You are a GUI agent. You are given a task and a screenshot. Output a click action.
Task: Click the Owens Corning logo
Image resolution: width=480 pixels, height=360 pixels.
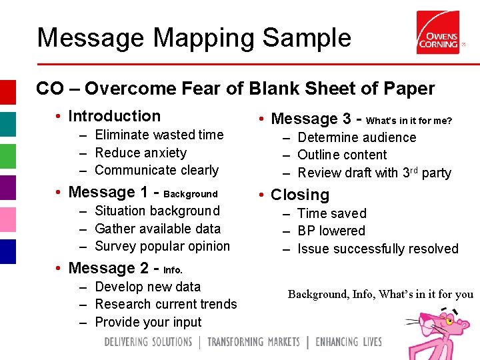click(x=437, y=33)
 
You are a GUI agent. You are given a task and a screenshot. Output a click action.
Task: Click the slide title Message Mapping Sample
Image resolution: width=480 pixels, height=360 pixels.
click(x=194, y=37)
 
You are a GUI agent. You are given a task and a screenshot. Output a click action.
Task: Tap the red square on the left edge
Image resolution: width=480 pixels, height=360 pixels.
click(x=7, y=93)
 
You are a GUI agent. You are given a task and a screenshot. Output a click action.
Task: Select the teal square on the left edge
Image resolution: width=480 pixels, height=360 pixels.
click(x=7, y=125)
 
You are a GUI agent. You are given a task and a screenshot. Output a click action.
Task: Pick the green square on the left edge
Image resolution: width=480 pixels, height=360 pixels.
click(x=7, y=156)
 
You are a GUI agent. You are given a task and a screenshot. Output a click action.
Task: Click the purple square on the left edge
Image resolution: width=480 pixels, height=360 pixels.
click(x=7, y=188)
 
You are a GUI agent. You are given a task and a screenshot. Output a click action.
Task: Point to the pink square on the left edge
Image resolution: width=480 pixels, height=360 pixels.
click(x=7, y=220)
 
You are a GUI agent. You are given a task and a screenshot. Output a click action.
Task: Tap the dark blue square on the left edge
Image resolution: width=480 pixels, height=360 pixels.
click(x=7, y=251)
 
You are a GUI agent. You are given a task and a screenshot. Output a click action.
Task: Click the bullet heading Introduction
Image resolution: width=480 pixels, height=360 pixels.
click(x=114, y=116)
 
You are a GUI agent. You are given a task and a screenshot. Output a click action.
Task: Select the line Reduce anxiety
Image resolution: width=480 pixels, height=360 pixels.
click(x=141, y=153)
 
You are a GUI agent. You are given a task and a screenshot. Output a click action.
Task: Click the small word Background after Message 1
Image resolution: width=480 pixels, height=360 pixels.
click(x=191, y=194)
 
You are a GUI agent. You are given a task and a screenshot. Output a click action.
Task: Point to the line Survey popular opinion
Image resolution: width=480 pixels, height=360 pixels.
click(x=162, y=246)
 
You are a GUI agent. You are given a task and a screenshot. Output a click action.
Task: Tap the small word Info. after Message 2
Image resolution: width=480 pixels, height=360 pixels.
click(x=173, y=271)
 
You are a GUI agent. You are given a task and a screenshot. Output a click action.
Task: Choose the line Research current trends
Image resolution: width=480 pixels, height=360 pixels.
click(x=166, y=304)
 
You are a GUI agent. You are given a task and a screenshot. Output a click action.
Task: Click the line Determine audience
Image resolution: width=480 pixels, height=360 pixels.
click(x=357, y=137)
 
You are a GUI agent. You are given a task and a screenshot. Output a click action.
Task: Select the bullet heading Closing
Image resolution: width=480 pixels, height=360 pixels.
click(x=300, y=195)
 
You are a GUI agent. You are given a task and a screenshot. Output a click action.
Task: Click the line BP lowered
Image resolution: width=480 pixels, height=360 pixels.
click(x=331, y=231)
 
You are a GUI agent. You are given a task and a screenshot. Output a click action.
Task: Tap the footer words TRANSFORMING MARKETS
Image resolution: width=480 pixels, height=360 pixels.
click(x=253, y=342)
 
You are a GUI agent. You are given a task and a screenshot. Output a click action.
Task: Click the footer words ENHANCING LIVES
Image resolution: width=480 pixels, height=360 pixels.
click(x=349, y=342)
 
